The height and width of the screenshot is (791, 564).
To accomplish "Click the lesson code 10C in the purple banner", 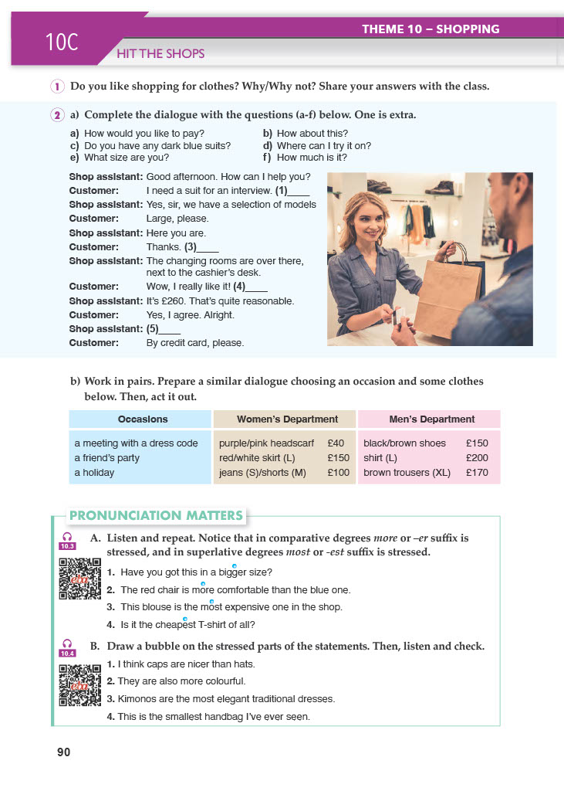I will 62,42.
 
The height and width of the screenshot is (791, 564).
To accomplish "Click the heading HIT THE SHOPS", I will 160,54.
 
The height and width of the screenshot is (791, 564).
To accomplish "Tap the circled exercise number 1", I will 58,87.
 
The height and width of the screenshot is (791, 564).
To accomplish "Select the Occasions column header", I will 143,419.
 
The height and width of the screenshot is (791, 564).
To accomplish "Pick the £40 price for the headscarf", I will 335,444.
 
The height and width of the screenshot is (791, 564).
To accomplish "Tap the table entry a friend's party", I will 106,458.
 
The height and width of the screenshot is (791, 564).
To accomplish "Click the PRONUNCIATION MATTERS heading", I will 156,515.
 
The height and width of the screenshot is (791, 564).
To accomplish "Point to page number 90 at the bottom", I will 64,754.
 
